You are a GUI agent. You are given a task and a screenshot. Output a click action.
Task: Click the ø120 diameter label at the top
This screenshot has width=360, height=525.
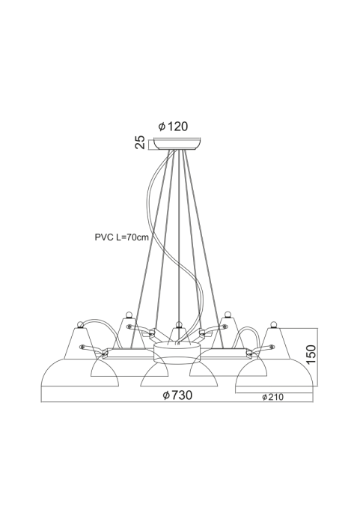coord(173,127)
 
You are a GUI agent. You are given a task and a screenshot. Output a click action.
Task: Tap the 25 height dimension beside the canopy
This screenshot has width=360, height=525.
coord(140,142)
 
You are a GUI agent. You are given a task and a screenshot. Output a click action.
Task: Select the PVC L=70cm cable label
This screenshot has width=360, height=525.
coord(122,237)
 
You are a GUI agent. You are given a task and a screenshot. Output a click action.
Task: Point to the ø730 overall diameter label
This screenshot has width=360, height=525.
coord(177,395)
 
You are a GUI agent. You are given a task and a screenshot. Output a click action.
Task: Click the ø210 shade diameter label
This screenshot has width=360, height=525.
coord(272,397)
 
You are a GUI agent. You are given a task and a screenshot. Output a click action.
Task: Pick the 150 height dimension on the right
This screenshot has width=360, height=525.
coord(311,354)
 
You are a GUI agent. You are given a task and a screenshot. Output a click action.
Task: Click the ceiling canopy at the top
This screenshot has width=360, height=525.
coord(177,144)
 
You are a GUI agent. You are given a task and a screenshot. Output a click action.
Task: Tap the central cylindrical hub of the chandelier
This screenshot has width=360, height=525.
coord(177,353)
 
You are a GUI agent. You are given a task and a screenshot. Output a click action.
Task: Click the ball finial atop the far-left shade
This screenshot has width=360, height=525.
coord(80,324)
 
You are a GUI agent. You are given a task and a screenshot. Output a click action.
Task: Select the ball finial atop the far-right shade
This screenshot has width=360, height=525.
coord(274,324)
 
